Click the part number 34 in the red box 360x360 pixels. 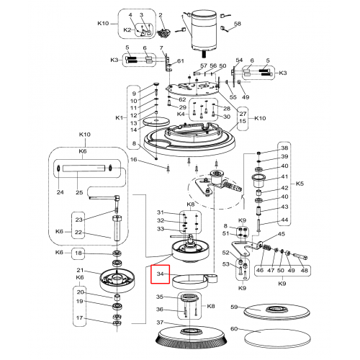(x=160, y=274)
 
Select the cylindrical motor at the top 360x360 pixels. (x=204, y=31)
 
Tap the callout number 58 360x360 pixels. (x=238, y=24)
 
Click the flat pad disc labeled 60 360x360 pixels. (x=277, y=338)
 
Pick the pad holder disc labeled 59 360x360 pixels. (x=276, y=312)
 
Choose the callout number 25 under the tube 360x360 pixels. (x=79, y=192)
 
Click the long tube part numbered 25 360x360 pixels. (x=84, y=168)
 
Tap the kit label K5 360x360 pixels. (x=300, y=184)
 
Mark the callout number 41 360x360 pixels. (x=284, y=176)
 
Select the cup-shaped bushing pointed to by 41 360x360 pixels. (x=258, y=181)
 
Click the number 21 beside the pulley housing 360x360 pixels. (x=80, y=270)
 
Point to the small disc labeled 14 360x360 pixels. (x=156, y=121)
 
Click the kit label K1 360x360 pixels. (x=120, y=118)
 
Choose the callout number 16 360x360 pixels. (x=133, y=160)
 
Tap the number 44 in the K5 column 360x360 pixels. (x=284, y=220)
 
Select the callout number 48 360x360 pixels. (x=304, y=270)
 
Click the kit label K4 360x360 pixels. (x=181, y=114)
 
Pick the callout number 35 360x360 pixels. (x=160, y=297)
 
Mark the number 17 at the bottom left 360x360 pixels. (x=80, y=318)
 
